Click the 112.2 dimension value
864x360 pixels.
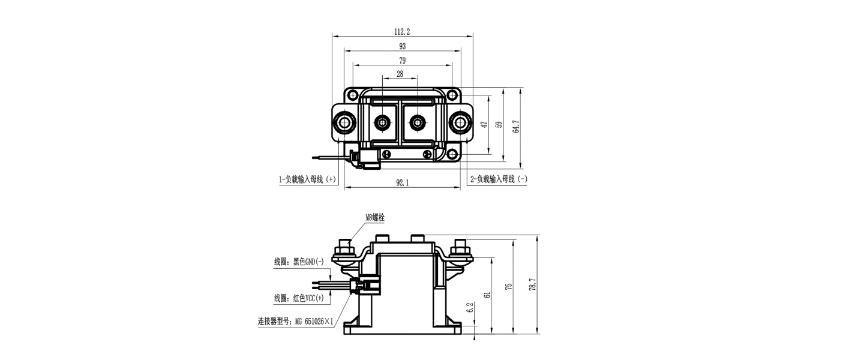tap(402, 31)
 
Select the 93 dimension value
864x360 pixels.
tap(402, 46)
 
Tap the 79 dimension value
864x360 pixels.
tap(402, 61)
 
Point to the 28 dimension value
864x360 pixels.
tap(400, 74)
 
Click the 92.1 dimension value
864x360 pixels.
tap(402, 184)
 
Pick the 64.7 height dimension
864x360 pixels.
tap(516, 128)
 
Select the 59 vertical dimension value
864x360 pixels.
tap(498, 124)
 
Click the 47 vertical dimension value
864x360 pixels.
tap(484, 124)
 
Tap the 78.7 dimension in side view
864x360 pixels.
tap(532, 285)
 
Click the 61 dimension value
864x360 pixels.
tap(487, 295)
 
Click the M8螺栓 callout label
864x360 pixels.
tap(375, 218)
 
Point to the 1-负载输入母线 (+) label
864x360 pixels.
tap(307, 179)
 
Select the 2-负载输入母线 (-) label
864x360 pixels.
tap(499, 179)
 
